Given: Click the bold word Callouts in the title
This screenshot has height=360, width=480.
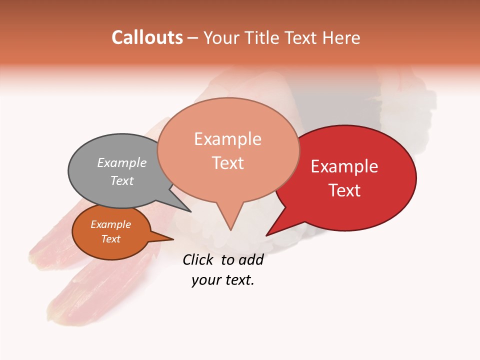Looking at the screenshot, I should coord(147,37).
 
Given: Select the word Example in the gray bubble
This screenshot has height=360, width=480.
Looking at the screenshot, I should coord(122,162).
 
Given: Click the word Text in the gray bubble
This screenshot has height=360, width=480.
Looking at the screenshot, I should coord(122,180).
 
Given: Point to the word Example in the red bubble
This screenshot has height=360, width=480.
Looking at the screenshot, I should coord(344,166).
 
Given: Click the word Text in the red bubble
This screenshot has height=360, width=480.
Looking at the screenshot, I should coord(344,190).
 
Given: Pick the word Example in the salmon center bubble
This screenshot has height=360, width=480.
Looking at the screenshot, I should coord(227,139).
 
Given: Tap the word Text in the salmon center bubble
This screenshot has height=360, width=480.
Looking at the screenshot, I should coord(227,163).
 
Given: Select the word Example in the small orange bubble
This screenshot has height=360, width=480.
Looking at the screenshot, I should coord(111,224).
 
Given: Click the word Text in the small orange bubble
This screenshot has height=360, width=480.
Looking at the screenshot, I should coord(111,239).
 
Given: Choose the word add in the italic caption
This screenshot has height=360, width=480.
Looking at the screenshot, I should coord(250,259).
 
